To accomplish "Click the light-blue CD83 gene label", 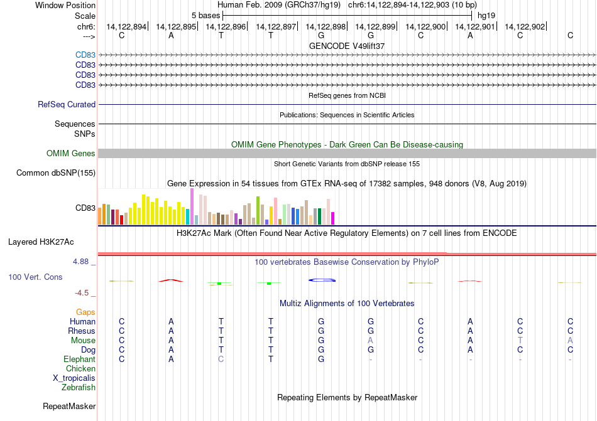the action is pos(85,55).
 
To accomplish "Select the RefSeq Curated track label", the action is pos(67,105).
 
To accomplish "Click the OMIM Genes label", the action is pos(71,154).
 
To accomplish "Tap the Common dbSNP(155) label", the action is pos(56,173).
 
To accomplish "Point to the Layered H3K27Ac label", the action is pos(41,242).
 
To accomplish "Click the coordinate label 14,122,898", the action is pos(326,26).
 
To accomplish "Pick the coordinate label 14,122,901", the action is pos(475,26).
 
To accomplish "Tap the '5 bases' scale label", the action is pos(205,16).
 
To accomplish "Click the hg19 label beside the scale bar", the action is pos(486,16).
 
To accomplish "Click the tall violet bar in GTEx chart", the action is pos(192,206).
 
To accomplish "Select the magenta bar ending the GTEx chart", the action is pos(332,218).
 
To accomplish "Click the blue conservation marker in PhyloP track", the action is pos(322,280).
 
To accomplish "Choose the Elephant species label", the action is pos(80,360).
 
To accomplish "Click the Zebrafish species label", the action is pos(79,388).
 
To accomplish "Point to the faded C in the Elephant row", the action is pos(221,360).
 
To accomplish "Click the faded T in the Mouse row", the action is pos(520,341).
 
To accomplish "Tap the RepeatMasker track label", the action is pos(69,407).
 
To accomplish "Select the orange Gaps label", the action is pos(85,312).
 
